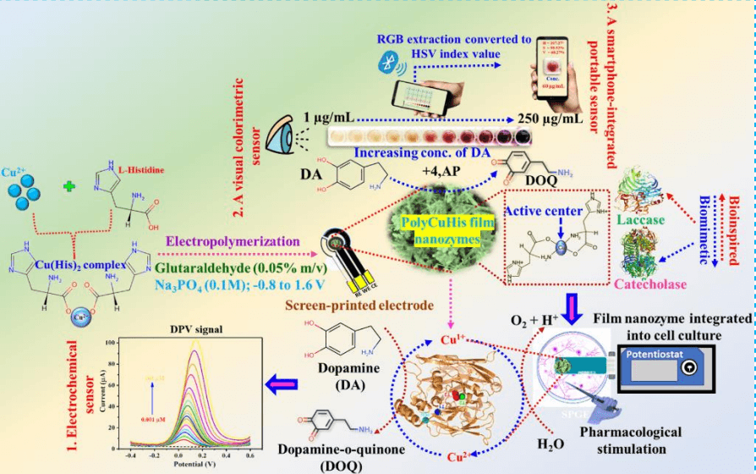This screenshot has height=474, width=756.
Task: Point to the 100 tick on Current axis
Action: (x=111, y=342)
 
